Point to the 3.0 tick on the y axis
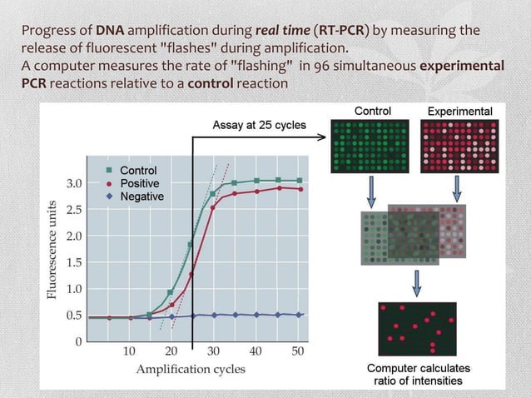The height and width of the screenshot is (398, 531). click(x=74, y=182)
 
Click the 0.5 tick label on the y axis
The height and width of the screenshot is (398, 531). click(x=74, y=316)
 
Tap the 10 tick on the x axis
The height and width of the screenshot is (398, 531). click(x=130, y=351)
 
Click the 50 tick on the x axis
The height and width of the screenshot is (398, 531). click(x=299, y=351)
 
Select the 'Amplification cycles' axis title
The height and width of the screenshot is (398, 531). click(x=191, y=369)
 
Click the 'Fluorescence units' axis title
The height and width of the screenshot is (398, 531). click(x=53, y=250)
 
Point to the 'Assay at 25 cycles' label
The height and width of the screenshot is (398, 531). click(x=259, y=125)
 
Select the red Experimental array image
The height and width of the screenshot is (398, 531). click(x=459, y=146)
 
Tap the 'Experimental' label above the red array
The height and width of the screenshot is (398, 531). click(x=459, y=111)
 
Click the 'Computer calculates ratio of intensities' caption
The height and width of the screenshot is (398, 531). click(x=419, y=375)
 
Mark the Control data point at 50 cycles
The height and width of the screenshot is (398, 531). click(x=300, y=180)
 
